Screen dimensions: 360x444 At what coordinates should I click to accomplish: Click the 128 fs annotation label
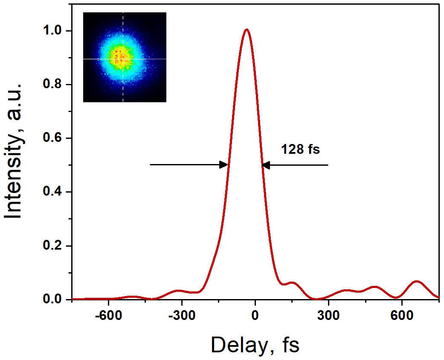300,150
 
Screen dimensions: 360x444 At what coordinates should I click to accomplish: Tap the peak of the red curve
246,29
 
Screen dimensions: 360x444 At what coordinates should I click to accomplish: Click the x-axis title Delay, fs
255,345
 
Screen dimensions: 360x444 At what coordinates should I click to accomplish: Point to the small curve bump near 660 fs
417,282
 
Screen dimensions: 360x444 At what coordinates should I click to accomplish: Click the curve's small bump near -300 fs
179,291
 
